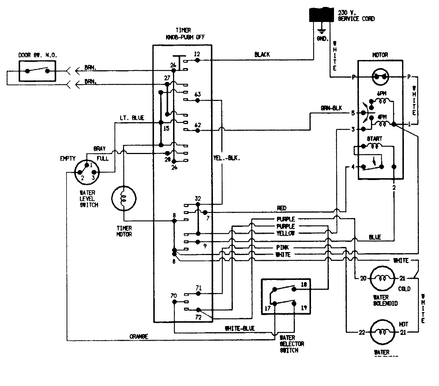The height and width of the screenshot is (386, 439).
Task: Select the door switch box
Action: coord(37,70)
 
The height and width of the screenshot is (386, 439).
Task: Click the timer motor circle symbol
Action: coord(123,199)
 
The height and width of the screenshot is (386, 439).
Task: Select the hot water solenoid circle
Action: coord(383,332)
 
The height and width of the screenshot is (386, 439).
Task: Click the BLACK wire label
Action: coord(262,55)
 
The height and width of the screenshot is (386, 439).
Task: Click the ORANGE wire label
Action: coord(139,336)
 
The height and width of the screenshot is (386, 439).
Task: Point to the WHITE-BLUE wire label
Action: coord(240,329)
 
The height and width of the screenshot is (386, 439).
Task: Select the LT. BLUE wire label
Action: coord(132,118)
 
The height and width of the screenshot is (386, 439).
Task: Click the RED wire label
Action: coord(281,208)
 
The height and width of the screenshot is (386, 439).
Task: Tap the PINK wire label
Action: coord(283,248)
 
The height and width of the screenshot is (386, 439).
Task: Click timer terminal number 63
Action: coord(197,94)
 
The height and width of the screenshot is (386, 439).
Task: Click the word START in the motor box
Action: coord(374,139)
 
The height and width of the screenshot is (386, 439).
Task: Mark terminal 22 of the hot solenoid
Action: coord(362,332)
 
